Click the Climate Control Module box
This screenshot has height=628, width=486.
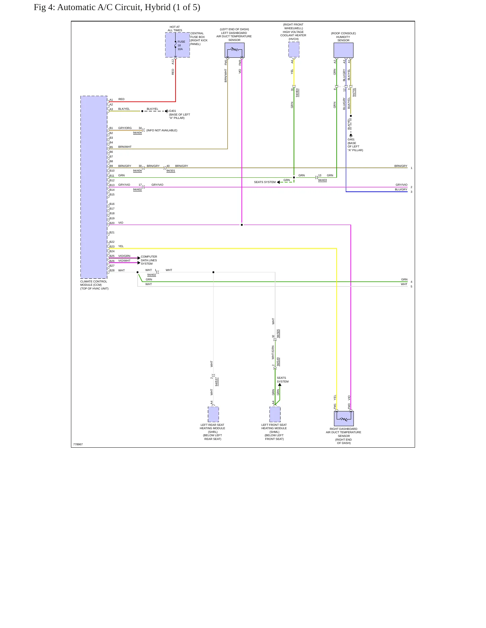(94, 187)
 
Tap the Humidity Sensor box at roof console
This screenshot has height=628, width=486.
(343, 50)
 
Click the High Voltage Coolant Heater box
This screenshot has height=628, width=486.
(294, 50)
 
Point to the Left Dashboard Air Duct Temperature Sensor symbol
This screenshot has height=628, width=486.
(234, 50)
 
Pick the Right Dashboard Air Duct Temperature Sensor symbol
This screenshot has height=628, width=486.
(344, 418)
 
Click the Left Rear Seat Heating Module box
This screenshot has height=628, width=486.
(213, 414)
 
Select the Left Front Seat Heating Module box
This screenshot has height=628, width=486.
(275, 414)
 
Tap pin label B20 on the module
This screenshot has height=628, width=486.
(112, 223)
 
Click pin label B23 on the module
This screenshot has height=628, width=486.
(112, 246)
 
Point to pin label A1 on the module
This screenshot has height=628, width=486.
(111, 100)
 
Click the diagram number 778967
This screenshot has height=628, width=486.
(78, 444)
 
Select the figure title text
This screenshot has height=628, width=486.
(117, 7)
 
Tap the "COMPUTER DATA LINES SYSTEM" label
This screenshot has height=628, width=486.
(149, 260)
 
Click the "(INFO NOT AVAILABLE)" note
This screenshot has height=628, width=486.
(162, 130)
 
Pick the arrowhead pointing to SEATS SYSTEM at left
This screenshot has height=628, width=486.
(278, 182)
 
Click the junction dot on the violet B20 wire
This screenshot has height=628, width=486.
(242, 225)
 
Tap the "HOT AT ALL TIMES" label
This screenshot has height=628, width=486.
(175, 29)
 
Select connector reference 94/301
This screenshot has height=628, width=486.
(171, 171)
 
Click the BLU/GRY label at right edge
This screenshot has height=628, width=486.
(401, 189)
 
